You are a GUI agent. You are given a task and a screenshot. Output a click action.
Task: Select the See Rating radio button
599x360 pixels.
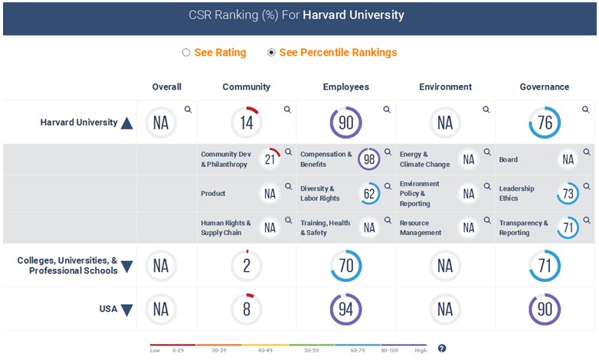(x=186, y=53)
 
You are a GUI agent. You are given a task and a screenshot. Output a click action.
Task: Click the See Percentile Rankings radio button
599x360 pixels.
(x=271, y=53)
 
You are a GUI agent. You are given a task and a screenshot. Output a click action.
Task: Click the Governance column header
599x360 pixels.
(x=545, y=87)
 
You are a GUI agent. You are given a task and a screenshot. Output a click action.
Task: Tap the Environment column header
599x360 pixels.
(x=445, y=87)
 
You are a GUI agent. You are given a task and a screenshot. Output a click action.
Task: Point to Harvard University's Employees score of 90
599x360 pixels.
(x=345, y=123)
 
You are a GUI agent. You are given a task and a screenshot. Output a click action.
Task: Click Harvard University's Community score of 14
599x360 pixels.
(x=246, y=123)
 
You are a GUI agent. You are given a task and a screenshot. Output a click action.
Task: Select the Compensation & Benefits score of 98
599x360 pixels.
(x=369, y=159)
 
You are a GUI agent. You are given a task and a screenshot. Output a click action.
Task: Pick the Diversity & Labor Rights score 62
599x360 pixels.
(x=369, y=194)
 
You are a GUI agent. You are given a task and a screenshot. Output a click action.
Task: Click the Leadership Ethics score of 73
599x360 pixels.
(x=568, y=194)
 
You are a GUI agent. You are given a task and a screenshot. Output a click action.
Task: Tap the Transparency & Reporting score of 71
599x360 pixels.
(x=568, y=227)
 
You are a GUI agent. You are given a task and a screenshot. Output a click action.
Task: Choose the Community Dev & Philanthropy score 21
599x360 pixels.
(x=270, y=159)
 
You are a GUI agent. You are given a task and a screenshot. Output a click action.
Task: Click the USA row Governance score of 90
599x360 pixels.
(x=545, y=309)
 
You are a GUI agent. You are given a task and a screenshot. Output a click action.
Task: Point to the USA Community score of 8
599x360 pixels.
(x=246, y=309)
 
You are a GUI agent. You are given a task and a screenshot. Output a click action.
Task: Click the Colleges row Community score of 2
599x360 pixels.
(x=246, y=266)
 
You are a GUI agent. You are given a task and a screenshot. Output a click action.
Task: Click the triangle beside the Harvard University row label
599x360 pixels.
(x=127, y=123)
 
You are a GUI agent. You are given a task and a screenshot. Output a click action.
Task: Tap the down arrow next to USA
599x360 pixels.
(x=127, y=310)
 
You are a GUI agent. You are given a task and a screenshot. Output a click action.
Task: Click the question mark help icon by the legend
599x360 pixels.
(x=442, y=349)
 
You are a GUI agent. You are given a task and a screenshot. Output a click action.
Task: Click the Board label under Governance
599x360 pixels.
(x=509, y=160)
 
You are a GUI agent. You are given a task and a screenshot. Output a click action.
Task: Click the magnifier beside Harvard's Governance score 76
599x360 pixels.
(x=586, y=110)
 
